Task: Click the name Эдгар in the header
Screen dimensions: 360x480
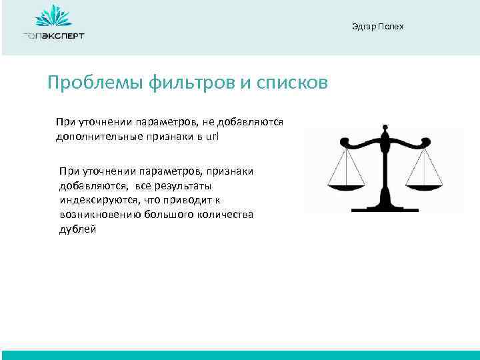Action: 363,27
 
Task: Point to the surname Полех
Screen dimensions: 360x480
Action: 391,27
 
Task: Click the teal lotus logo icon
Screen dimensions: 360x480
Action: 53,16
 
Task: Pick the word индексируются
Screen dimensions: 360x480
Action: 92,200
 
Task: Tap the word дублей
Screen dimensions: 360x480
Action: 77,229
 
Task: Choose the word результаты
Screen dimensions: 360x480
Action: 181,186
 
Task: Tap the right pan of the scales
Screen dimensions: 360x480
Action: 424,185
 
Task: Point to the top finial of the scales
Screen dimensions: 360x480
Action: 385,126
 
